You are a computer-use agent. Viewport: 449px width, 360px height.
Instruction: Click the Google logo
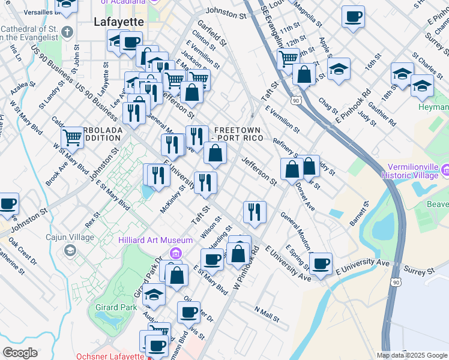[x=20, y=353]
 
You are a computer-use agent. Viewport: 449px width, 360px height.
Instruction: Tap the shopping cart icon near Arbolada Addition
[x=72, y=137]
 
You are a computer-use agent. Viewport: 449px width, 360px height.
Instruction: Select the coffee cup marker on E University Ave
[x=321, y=263]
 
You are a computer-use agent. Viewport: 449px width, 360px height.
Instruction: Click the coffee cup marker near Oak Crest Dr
[x=7, y=204]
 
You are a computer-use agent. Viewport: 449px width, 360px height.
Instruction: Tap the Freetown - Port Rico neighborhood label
[x=237, y=134]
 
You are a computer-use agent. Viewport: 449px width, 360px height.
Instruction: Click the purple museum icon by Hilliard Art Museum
[x=175, y=252]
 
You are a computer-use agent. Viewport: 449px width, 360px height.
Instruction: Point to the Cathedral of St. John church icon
[x=67, y=31]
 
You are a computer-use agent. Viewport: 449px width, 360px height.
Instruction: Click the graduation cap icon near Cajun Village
[x=70, y=250]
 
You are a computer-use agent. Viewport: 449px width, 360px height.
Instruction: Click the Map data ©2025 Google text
[x=411, y=355]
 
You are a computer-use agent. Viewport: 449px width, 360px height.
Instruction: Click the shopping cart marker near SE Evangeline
[x=288, y=58]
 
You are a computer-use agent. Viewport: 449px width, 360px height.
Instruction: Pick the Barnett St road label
[x=360, y=213]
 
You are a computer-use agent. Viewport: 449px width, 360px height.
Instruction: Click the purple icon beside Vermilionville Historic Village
[x=445, y=172]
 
